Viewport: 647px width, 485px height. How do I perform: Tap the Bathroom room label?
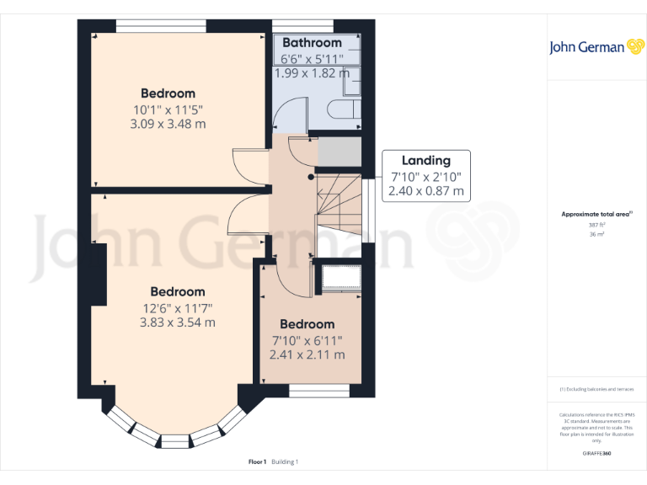(x=312, y=42)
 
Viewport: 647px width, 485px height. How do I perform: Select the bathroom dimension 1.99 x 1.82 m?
(x=312, y=73)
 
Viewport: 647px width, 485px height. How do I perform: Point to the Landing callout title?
(x=425, y=160)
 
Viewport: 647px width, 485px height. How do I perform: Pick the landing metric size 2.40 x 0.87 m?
(x=425, y=191)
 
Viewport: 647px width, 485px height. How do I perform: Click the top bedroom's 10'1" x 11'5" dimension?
(x=168, y=109)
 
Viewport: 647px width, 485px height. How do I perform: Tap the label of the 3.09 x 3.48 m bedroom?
(x=168, y=93)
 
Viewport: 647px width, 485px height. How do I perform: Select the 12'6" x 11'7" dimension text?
(x=178, y=307)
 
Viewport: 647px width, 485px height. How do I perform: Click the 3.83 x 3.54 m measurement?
(x=178, y=322)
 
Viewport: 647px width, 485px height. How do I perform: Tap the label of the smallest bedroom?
(x=307, y=324)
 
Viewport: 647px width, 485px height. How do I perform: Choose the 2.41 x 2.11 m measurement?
(x=307, y=354)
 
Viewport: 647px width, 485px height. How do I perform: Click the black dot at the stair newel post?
(x=311, y=178)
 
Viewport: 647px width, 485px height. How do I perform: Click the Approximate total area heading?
(x=596, y=215)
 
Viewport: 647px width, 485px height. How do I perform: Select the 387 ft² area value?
(x=596, y=225)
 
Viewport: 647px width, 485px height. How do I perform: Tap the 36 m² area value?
(x=596, y=235)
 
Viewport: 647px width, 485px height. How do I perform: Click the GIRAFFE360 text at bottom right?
(x=596, y=454)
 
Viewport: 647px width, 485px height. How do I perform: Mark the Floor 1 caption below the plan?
(x=258, y=461)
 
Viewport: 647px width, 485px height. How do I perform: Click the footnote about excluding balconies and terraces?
(x=596, y=389)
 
